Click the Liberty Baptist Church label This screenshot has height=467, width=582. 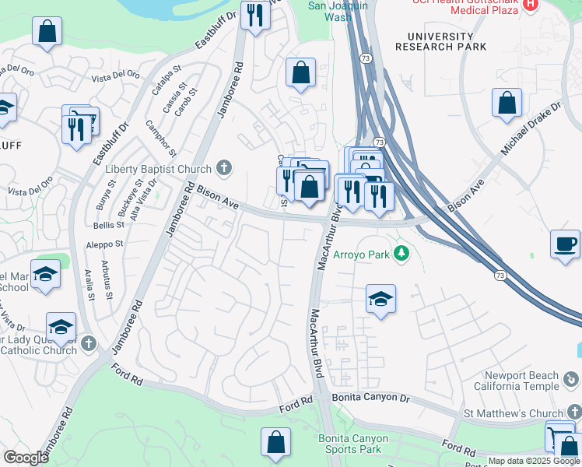point(157,169)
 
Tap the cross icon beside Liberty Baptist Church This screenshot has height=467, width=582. point(224,168)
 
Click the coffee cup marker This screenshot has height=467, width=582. point(565,244)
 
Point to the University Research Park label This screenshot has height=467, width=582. point(434,41)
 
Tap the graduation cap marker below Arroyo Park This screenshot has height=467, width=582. point(380,299)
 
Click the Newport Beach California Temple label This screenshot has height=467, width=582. point(532,381)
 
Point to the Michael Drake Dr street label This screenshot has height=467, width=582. point(532,126)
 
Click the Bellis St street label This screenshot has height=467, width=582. point(108,225)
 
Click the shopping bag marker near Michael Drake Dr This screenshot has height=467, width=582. point(507,103)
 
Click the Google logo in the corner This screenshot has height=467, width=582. point(26,458)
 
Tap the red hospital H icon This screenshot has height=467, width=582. point(531,5)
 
